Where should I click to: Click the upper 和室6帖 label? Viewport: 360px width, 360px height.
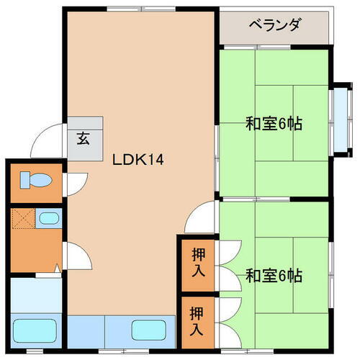[274, 123]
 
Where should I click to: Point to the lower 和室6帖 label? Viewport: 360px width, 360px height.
[274, 275]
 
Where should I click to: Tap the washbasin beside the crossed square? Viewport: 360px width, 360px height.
[48, 218]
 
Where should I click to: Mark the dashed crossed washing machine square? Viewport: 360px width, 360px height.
[22, 218]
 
